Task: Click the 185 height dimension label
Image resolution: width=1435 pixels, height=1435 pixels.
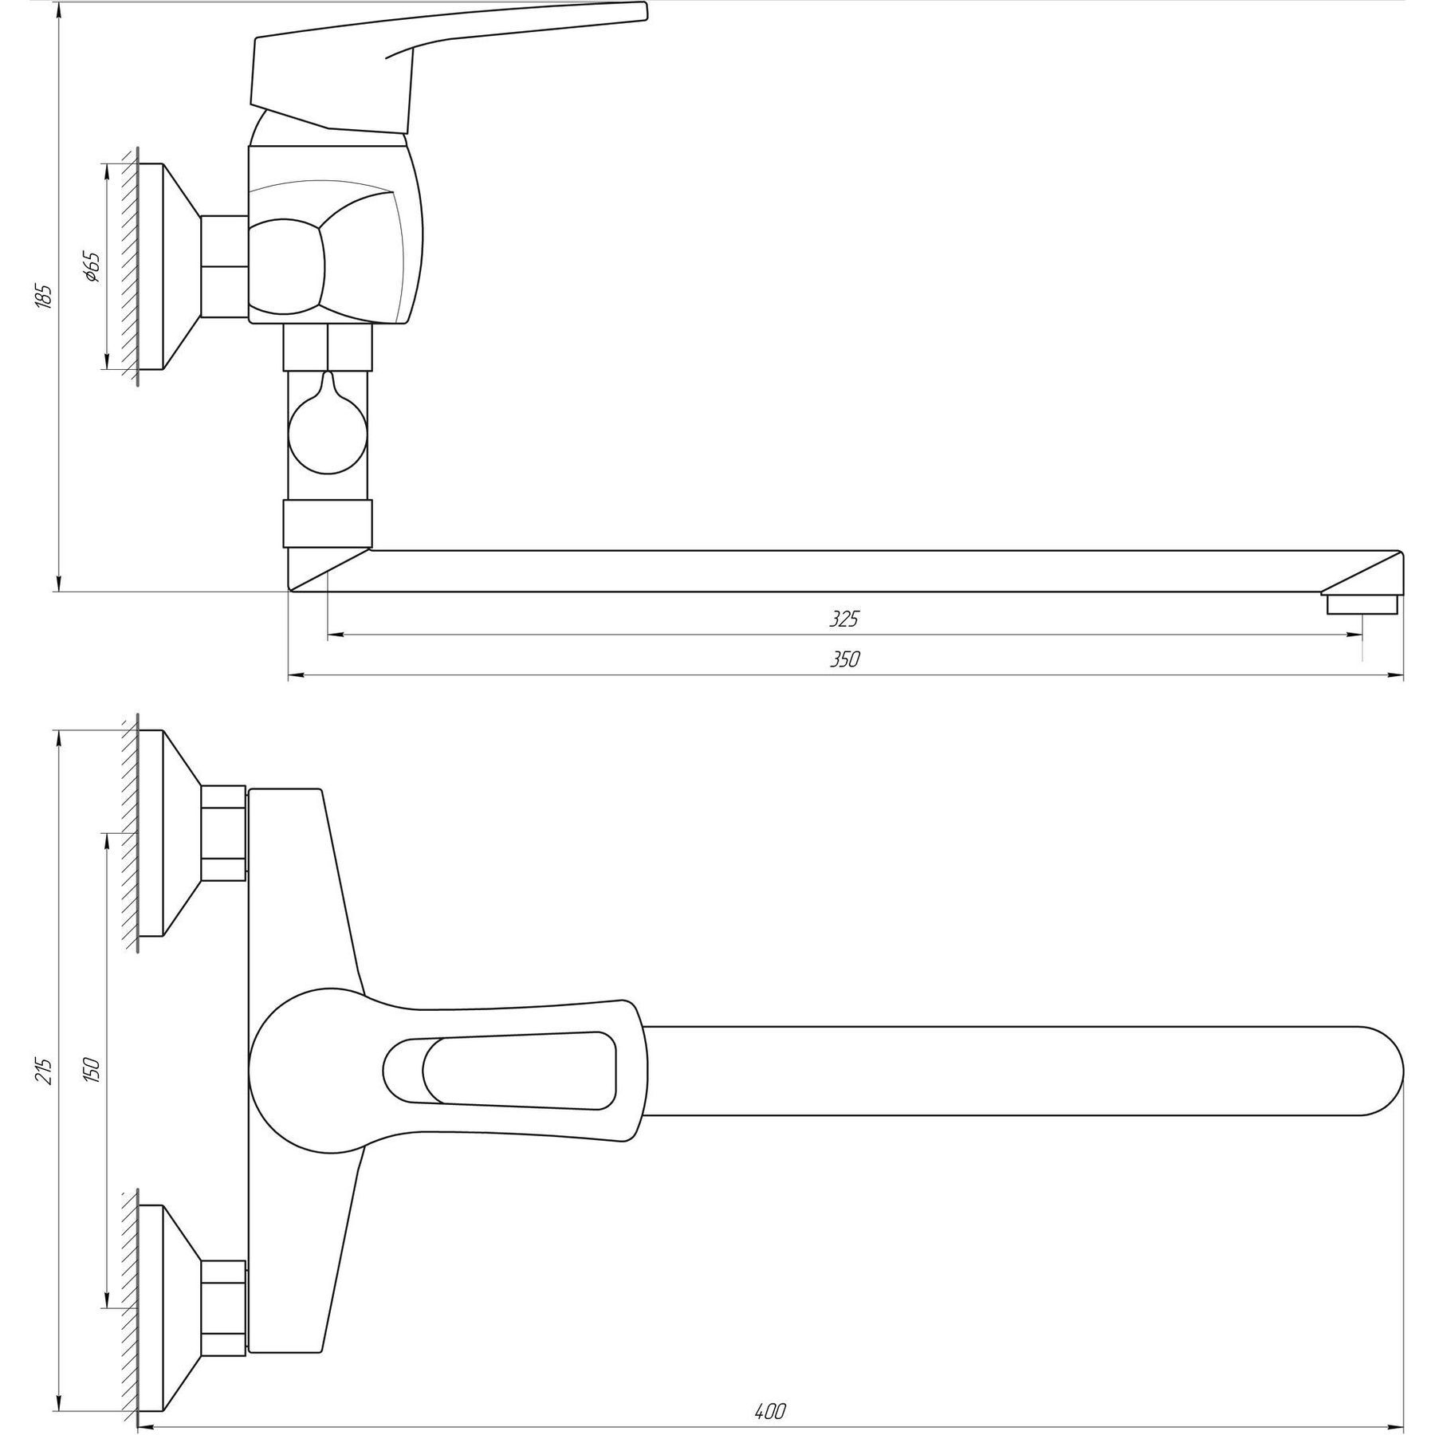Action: (45, 296)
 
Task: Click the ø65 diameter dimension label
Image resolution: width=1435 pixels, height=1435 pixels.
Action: (91, 266)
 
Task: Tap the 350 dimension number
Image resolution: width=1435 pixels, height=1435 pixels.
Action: (846, 659)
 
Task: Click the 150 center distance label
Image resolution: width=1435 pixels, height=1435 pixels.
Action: (91, 1069)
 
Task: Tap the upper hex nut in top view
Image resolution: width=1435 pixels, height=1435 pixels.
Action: (222, 833)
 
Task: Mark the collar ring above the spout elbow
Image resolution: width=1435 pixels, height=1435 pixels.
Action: (328, 523)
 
